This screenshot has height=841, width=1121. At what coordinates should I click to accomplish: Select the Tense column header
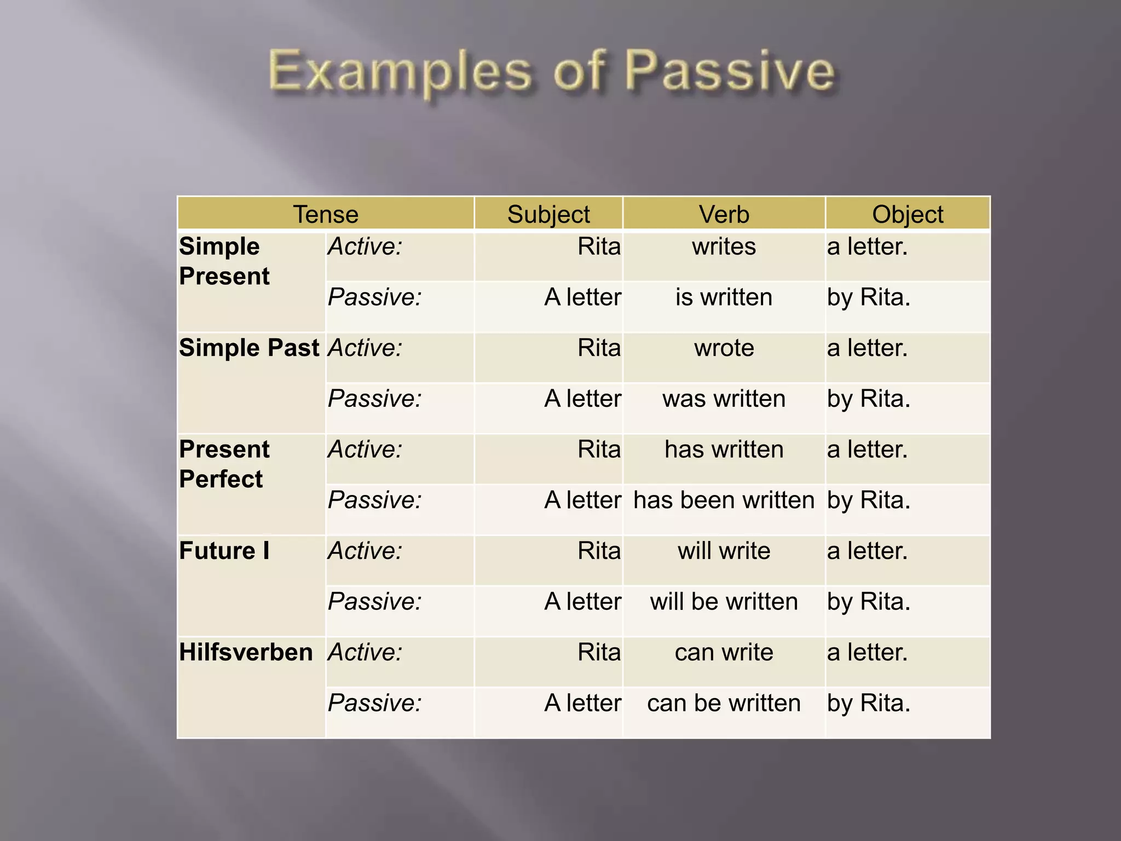click(x=326, y=214)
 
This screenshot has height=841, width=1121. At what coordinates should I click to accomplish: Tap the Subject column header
click(x=548, y=214)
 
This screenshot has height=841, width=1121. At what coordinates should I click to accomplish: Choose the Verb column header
click(x=724, y=214)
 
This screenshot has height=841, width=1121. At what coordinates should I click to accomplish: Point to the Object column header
click(x=908, y=214)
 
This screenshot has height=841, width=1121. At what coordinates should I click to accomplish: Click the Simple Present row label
click(x=224, y=261)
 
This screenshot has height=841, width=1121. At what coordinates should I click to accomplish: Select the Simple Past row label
click(x=249, y=348)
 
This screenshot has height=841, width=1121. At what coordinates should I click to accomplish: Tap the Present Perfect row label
click(x=224, y=464)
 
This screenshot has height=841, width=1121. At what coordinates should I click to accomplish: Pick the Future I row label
click(x=224, y=551)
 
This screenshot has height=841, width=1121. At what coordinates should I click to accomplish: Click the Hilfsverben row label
click(x=246, y=652)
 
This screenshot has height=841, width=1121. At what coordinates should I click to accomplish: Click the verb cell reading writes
click(x=724, y=247)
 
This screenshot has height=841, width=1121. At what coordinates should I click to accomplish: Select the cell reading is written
click(x=724, y=297)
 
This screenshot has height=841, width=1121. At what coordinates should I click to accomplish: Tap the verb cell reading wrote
click(x=724, y=348)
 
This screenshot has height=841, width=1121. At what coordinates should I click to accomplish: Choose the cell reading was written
click(x=724, y=399)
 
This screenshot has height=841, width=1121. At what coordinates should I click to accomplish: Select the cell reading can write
click(x=724, y=652)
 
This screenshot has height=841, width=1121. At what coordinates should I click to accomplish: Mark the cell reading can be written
click(x=724, y=703)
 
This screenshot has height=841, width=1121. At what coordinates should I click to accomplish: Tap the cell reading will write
click(x=724, y=551)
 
